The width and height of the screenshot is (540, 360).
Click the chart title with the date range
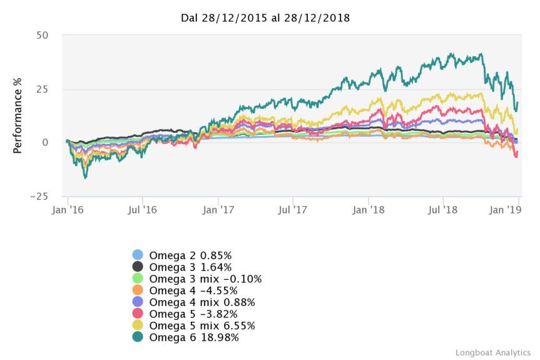(265, 18)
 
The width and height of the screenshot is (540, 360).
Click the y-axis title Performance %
(18, 116)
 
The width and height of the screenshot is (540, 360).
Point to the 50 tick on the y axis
(42, 35)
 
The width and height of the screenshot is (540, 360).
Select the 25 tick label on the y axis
(42, 89)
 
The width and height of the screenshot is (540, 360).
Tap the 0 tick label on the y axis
(45, 143)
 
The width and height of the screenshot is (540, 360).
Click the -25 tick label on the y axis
(39, 197)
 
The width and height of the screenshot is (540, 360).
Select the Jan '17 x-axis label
(218, 210)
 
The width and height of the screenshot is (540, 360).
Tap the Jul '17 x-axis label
(293, 210)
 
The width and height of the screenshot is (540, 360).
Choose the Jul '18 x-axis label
(443, 210)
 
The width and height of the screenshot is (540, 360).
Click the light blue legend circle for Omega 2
(138, 255)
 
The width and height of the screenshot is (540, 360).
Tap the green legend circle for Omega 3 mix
(138, 279)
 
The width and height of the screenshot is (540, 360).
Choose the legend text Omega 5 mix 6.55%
(201, 326)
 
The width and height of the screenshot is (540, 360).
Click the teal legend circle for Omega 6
(138, 337)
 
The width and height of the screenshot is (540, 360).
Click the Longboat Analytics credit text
(493, 352)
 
